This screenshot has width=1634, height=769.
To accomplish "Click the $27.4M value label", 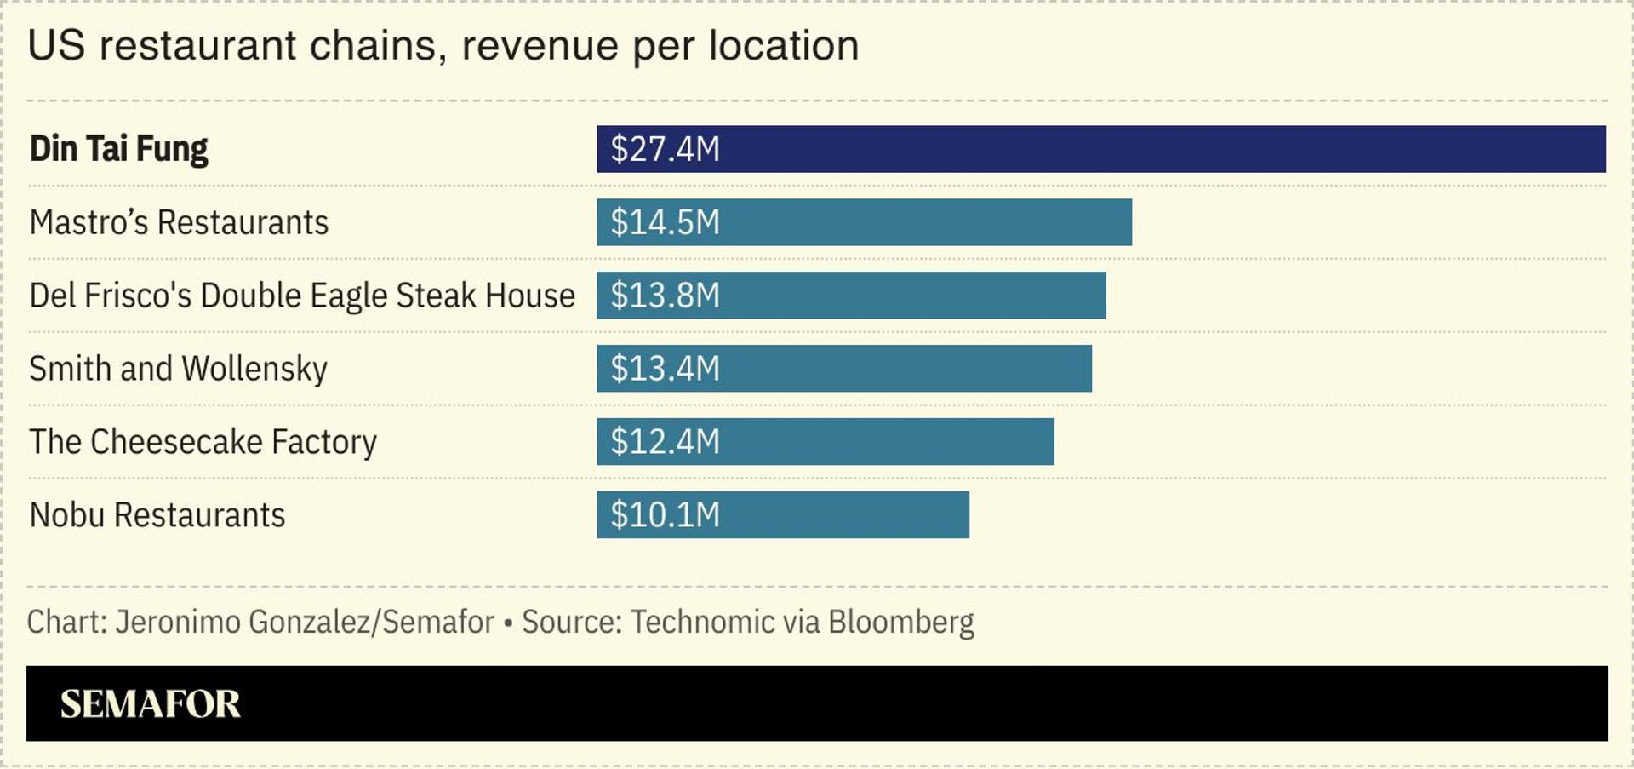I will [665, 149].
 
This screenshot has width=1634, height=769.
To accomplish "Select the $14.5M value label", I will [665, 222].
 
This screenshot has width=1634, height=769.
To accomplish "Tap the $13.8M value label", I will [665, 296].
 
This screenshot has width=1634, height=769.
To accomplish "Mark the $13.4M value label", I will [665, 369].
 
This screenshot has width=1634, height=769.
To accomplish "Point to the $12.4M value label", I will [665, 442].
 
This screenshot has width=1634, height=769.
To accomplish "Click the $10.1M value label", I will [665, 515].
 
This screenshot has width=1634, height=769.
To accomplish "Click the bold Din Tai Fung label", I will [118, 149].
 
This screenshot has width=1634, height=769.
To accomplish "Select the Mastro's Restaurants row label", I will [179, 222].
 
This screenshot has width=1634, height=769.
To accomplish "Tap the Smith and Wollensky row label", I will [178, 369].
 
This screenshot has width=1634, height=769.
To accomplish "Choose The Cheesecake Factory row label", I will [203, 442].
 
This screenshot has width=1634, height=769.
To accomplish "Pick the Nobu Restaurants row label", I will [157, 515].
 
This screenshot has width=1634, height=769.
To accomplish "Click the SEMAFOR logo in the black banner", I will [150, 703].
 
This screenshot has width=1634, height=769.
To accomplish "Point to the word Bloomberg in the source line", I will [900, 623].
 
